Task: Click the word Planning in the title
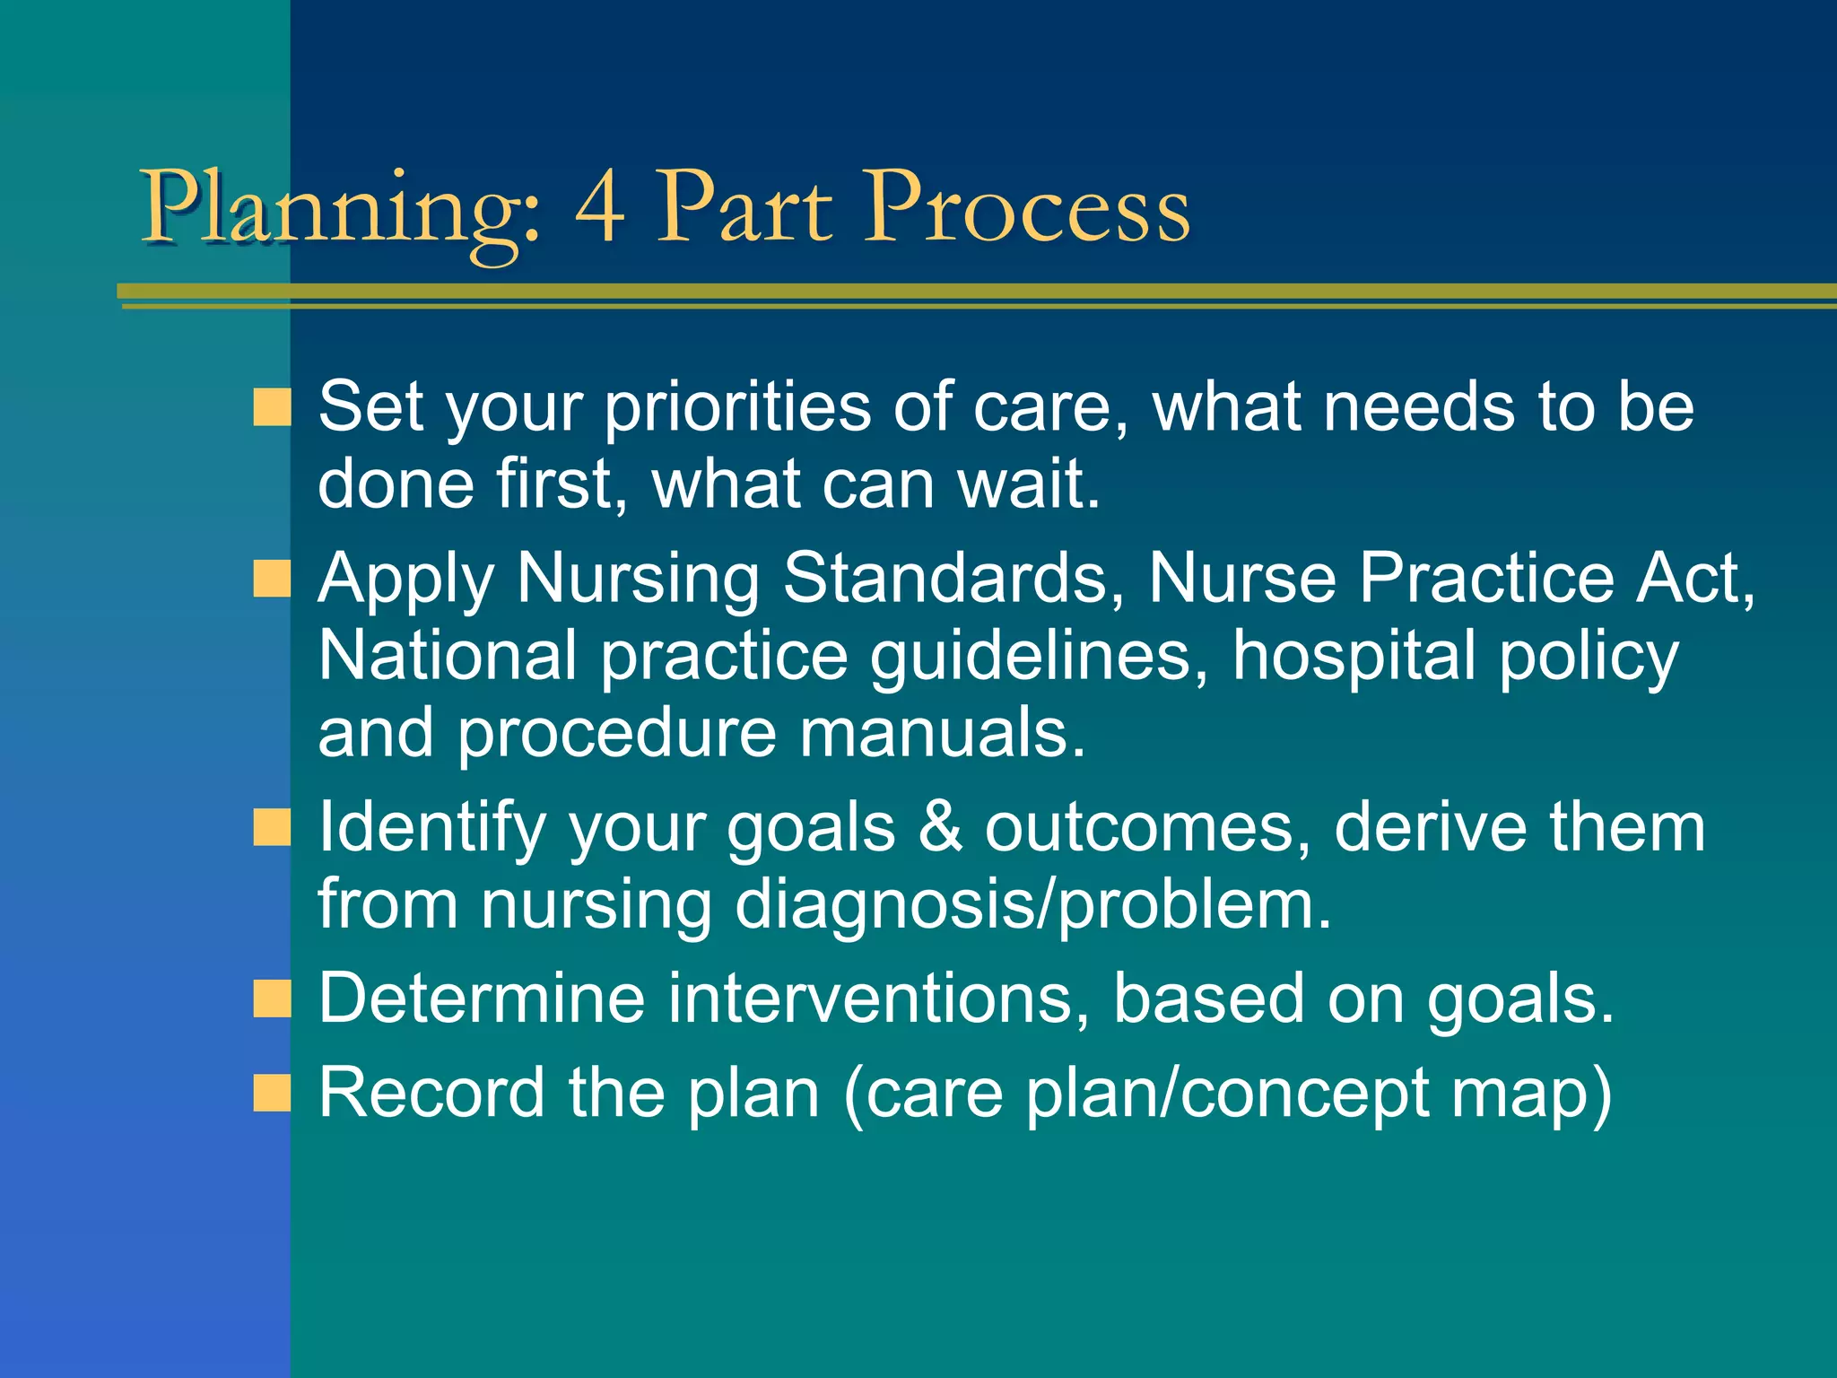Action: (341, 211)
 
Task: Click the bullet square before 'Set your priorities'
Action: (272, 407)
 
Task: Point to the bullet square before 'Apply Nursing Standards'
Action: (272, 579)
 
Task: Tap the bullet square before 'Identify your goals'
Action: (272, 827)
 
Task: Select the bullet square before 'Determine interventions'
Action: (272, 999)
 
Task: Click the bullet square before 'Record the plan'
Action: (272, 1094)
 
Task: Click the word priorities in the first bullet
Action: (736, 409)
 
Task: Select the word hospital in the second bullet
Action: (1354, 656)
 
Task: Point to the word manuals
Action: (942, 733)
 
